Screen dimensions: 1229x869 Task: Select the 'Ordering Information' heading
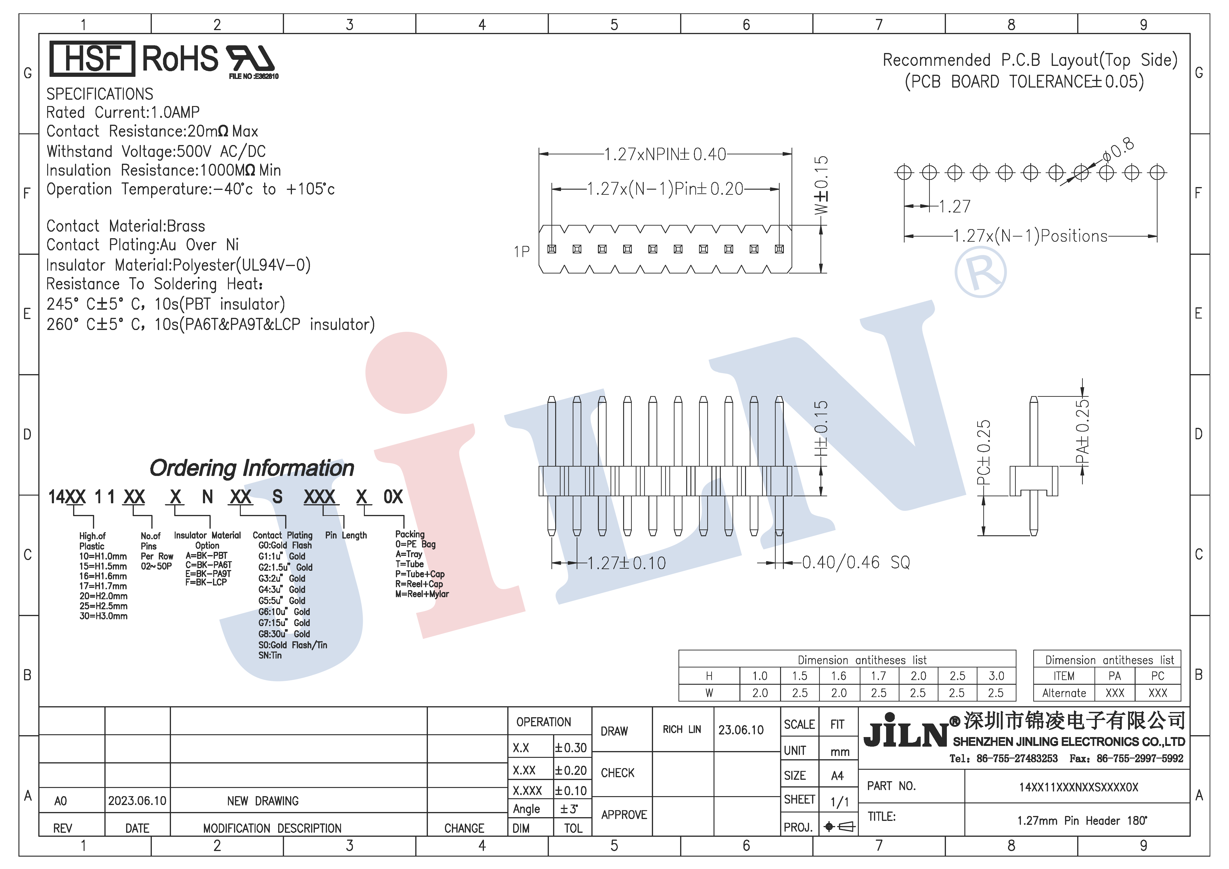pos(252,468)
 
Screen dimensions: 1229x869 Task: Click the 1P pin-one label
pos(521,252)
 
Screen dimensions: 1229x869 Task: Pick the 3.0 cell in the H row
pos(996,676)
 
